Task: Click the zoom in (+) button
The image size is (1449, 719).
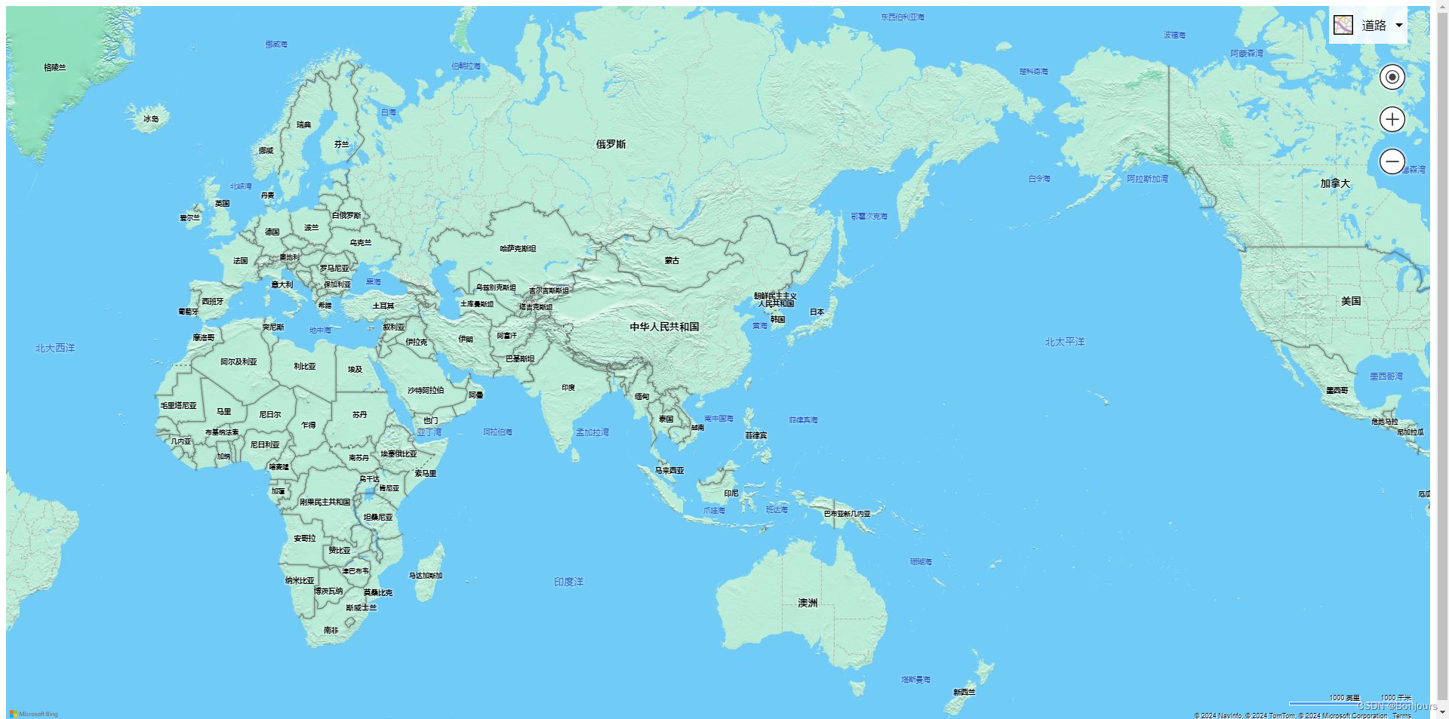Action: pyautogui.click(x=1392, y=119)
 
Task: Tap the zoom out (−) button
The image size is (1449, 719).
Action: pyautogui.click(x=1392, y=161)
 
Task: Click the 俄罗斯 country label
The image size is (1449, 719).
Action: pyautogui.click(x=611, y=144)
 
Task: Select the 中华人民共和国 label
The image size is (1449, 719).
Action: pyautogui.click(x=664, y=327)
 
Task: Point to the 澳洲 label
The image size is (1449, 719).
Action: pyautogui.click(x=808, y=603)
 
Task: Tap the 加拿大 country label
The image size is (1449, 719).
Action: pyautogui.click(x=1335, y=183)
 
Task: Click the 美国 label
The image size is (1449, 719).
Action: pyautogui.click(x=1351, y=301)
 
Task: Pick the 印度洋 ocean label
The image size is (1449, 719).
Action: pyautogui.click(x=568, y=582)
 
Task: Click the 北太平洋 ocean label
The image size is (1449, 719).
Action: pyautogui.click(x=1064, y=342)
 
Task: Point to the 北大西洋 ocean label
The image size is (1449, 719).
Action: pyautogui.click(x=55, y=348)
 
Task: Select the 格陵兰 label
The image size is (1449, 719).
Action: pyautogui.click(x=54, y=68)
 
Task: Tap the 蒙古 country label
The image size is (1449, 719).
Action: pyautogui.click(x=672, y=260)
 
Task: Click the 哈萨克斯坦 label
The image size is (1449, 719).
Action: pyautogui.click(x=518, y=248)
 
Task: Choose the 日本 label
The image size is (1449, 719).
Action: pyautogui.click(x=817, y=312)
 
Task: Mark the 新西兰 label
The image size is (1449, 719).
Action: pyautogui.click(x=964, y=692)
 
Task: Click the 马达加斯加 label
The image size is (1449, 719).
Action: pyautogui.click(x=426, y=576)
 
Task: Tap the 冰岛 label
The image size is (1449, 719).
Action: pyautogui.click(x=151, y=118)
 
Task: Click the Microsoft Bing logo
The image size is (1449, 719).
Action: pyautogui.click(x=34, y=714)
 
